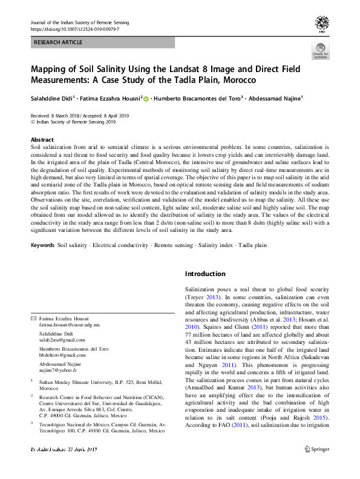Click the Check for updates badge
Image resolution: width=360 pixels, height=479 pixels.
click(x=320, y=51)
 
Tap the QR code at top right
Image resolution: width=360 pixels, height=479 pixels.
click(x=321, y=25)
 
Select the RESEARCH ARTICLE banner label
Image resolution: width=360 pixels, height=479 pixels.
click(x=59, y=43)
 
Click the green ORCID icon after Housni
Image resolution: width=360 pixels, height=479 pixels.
click(x=146, y=98)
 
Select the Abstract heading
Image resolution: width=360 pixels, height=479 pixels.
click(x=42, y=139)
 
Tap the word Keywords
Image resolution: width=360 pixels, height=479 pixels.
click(x=42, y=246)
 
